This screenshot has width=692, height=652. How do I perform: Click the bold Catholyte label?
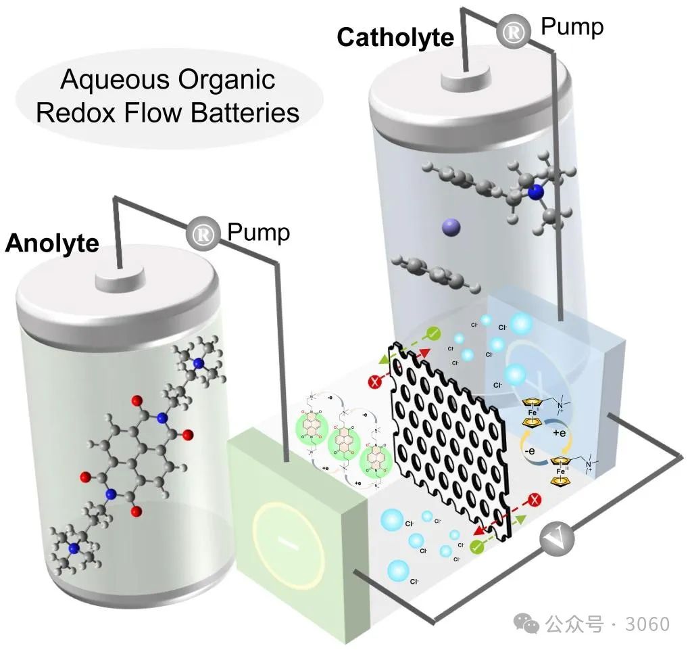(x=395, y=37)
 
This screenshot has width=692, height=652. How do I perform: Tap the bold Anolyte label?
(x=52, y=243)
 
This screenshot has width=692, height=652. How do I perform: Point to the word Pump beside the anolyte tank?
(x=258, y=232)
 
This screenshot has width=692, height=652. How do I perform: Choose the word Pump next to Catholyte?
(x=572, y=27)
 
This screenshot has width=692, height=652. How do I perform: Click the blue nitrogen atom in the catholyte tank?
(x=536, y=193)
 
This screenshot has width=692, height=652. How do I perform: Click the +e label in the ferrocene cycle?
(x=558, y=432)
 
